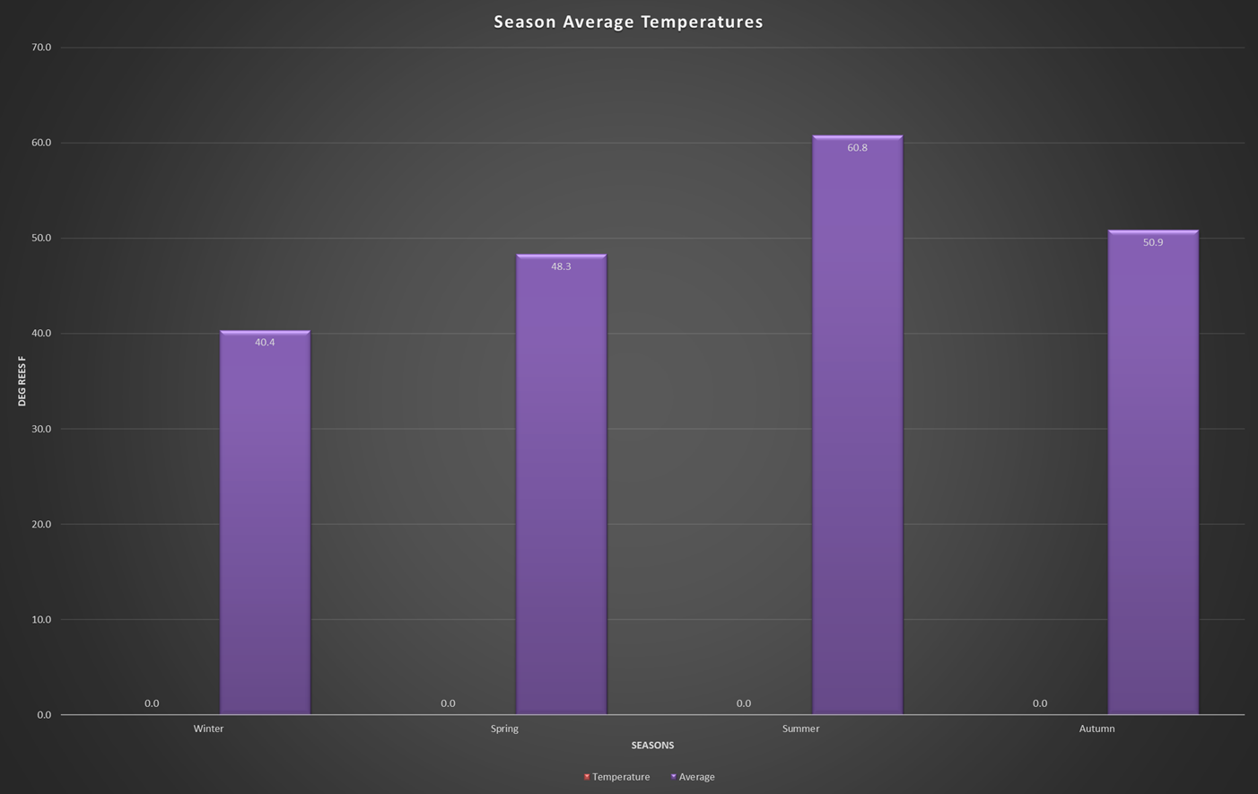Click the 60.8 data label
coord(857,148)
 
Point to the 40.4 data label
coord(265,343)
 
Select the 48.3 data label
coord(561,266)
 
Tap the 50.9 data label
coord(1153,242)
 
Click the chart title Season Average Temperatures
coord(628,22)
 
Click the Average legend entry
coord(695,777)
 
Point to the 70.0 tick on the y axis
coord(41,48)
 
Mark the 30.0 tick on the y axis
coord(41,429)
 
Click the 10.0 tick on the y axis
coord(41,620)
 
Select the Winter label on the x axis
coord(208,729)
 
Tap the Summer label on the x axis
coord(800,729)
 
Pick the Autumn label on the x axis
coord(1096,729)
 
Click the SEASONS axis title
coord(652,746)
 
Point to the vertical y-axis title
coord(22,381)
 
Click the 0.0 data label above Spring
coord(448,703)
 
